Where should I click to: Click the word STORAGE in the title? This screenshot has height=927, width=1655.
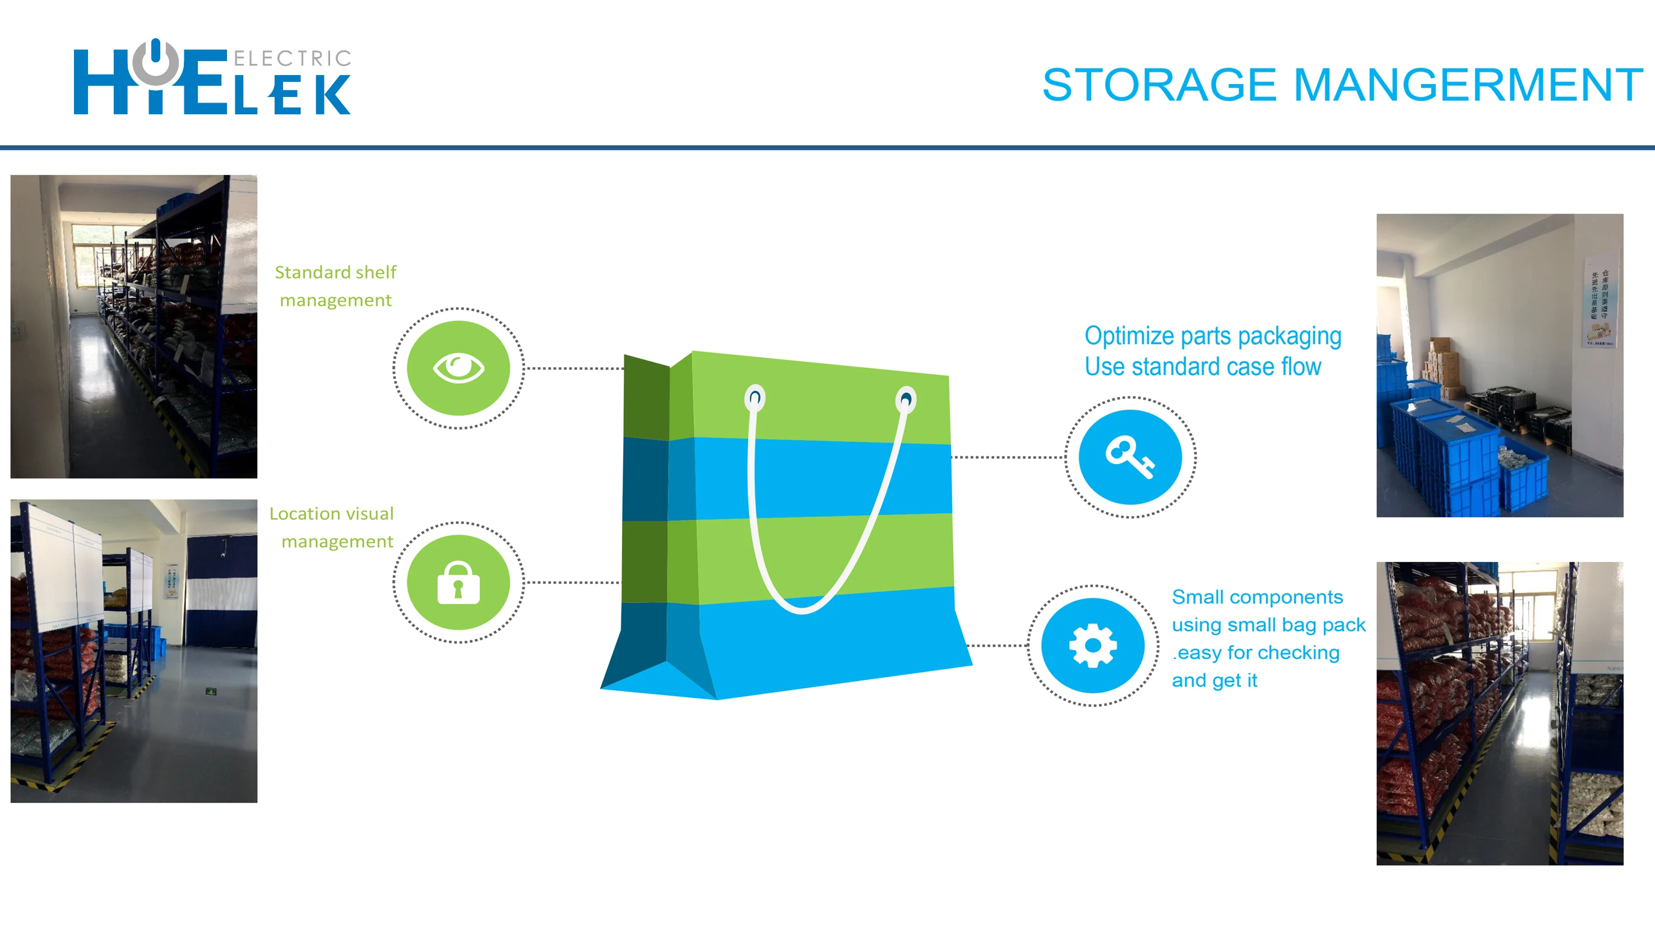click(x=1159, y=85)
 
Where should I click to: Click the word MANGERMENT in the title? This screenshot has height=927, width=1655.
click(x=1467, y=85)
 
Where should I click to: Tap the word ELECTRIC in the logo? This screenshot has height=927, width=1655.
click(x=293, y=58)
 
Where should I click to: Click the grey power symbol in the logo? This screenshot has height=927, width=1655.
click(x=155, y=62)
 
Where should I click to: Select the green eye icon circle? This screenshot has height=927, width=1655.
click(x=458, y=368)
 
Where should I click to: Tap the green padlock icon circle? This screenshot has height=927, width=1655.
click(x=458, y=582)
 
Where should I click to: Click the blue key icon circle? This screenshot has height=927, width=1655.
click(x=1130, y=457)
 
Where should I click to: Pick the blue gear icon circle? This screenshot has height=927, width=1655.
click(x=1093, y=645)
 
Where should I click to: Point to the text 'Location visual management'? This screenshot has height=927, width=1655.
click(x=333, y=527)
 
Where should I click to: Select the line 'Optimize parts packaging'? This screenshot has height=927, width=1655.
click(x=1212, y=336)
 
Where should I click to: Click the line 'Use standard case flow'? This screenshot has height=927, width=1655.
click(x=1202, y=367)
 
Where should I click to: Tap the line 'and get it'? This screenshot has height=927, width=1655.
click(x=1214, y=680)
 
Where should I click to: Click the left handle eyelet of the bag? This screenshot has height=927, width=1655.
click(x=755, y=398)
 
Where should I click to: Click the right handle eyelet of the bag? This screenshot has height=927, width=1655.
click(x=906, y=400)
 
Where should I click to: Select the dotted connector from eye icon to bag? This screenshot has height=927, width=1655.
click(x=574, y=368)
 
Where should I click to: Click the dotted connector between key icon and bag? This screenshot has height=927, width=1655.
click(x=1007, y=457)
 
